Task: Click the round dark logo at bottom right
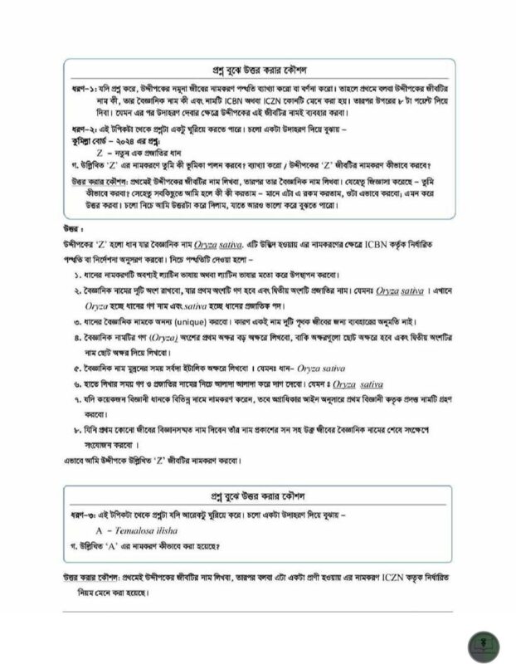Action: click(x=480, y=640)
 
